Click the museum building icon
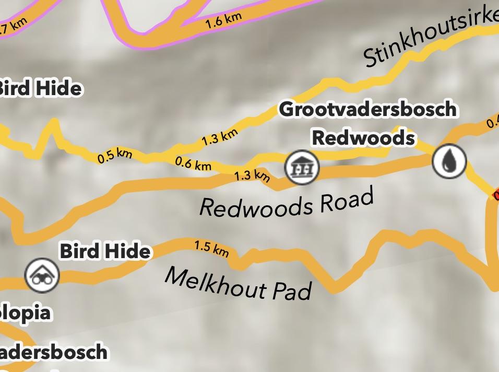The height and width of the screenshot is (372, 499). [302, 167]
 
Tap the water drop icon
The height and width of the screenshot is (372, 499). [449, 161]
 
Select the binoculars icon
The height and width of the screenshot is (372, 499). [42, 275]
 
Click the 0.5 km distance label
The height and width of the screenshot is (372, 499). [115, 156]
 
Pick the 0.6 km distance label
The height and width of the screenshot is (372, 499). [193, 164]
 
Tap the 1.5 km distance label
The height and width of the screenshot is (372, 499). [211, 248]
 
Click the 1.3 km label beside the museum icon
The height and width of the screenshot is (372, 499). [252, 176]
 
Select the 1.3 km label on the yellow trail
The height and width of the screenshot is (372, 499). [220, 138]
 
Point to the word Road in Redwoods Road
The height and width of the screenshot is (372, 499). [347, 200]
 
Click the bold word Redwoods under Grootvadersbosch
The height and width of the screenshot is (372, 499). [363, 138]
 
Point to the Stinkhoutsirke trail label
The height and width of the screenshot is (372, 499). [431, 39]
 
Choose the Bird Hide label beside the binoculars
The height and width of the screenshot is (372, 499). [105, 251]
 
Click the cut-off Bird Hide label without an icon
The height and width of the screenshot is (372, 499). [40, 88]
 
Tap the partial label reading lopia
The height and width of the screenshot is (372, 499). [26, 313]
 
